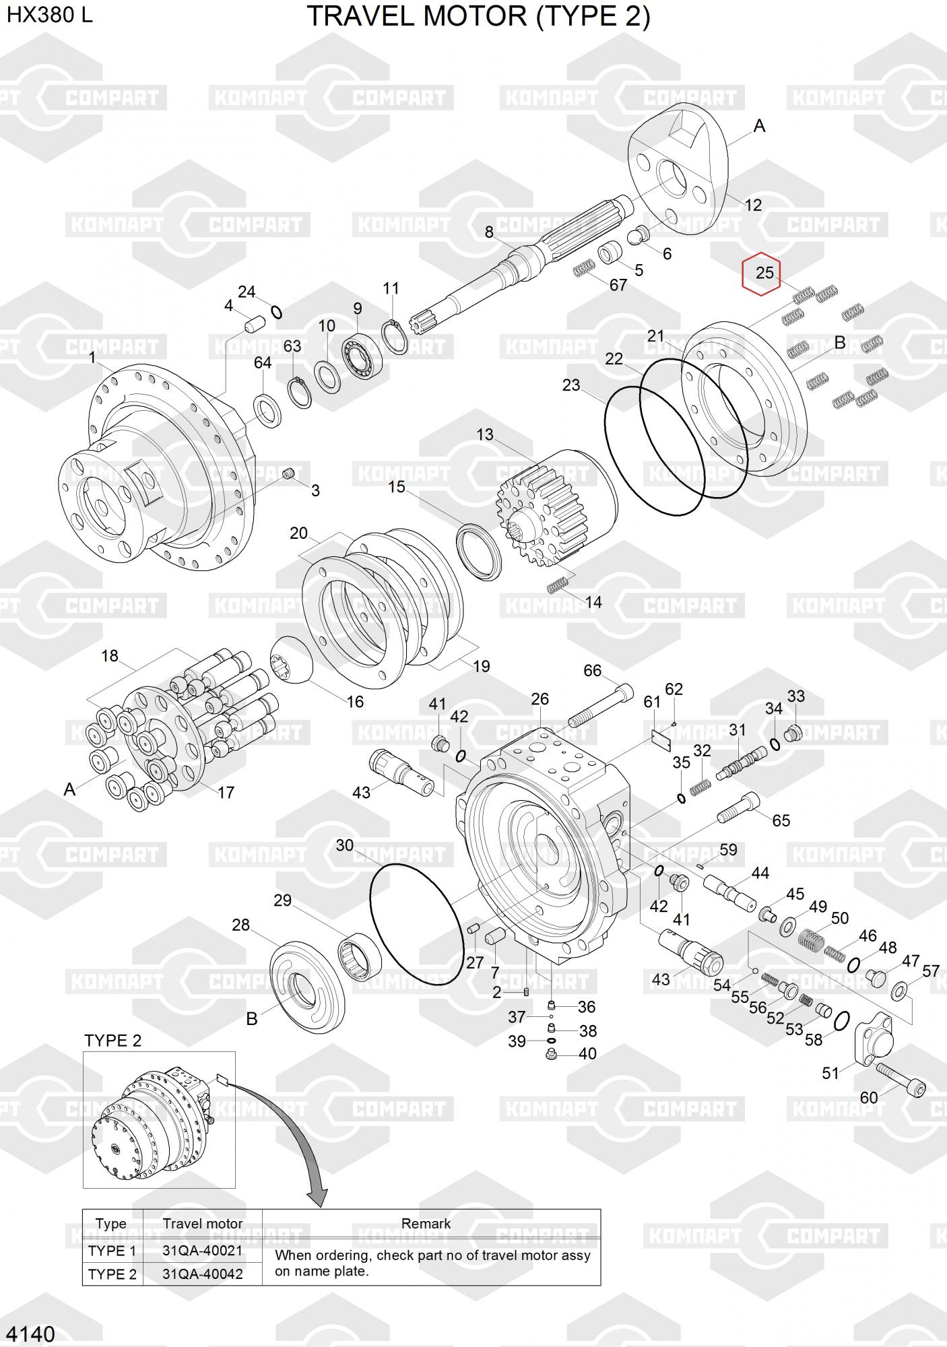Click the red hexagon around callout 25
click(x=761, y=274)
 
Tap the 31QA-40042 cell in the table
click(x=202, y=1274)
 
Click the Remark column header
click(x=426, y=1223)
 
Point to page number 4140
click(x=31, y=1333)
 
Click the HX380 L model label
click(x=49, y=15)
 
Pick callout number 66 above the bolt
click(x=593, y=670)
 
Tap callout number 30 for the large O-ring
click(x=345, y=845)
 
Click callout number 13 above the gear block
click(x=485, y=434)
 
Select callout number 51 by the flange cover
click(x=830, y=1072)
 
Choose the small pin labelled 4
click(x=253, y=323)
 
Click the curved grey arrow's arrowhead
click(x=317, y=1196)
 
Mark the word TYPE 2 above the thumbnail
click(x=112, y=1041)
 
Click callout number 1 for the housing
click(x=92, y=358)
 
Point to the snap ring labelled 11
click(x=395, y=335)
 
